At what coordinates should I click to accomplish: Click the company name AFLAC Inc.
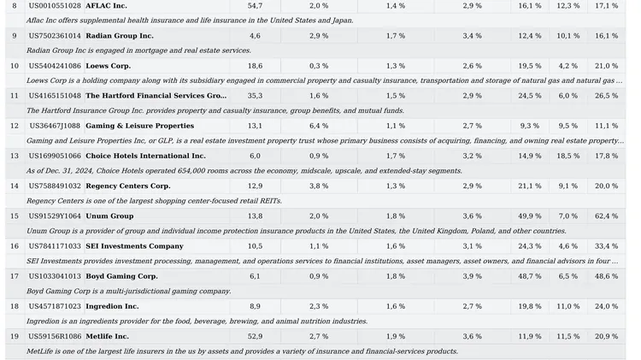pos(106,6)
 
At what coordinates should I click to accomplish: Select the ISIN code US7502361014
pos(55,36)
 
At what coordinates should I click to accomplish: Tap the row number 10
pos(15,66)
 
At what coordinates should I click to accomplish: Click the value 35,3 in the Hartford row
pos(255,96)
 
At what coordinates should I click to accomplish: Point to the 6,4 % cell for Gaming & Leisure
pos(319,126)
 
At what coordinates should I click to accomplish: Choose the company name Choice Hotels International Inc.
pos(145,156)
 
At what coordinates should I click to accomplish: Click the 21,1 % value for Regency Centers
pos(530,186)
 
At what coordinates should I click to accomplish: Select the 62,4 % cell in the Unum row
pos(606,216)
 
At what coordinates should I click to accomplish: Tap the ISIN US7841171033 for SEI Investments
pos(55,246)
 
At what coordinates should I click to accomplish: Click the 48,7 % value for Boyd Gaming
pos(530,276)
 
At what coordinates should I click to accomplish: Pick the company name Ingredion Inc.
pos(112,306)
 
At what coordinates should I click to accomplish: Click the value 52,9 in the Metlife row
pos(255,336)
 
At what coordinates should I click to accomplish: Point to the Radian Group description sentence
pos(138,50)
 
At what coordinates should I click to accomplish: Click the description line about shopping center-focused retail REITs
pos(154,201)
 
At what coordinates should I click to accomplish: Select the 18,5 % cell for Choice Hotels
pos(568,156)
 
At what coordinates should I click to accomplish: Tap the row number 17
pos(15,276)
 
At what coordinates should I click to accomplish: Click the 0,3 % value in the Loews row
pos(319,66)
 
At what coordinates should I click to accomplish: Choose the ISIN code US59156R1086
pos(55,336)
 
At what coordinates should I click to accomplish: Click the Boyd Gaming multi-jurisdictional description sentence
pos(129,292)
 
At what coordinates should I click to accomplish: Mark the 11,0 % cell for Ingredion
pos(568,306)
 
